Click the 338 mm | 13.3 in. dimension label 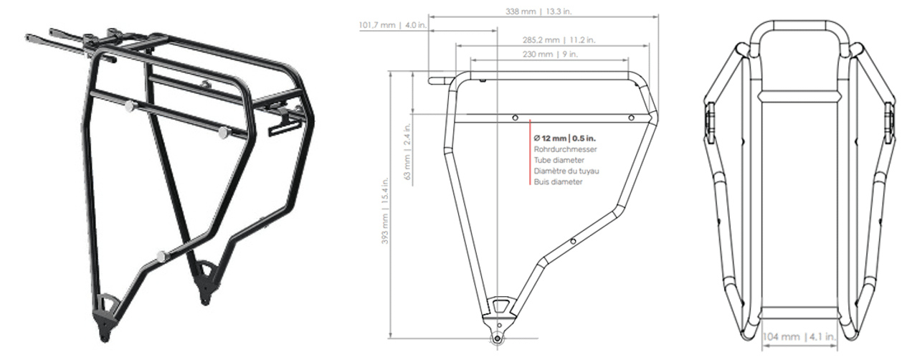pyautogui.click(x=538, y=11)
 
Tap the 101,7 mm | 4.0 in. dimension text pyautogui.click(x=393, y=25)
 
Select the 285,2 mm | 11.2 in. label pyautogui.click(x=559, y=40)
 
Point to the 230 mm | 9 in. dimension pyautogui.click(x=550, y=55)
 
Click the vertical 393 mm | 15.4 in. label pyautogui.click(x=385, y=211)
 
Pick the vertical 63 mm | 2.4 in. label pyautogui.click(x=407, y=152)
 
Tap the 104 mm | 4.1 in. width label pyautogui.click(x=799, y=337)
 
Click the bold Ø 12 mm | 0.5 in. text pyautogui.click(x=564, y=138)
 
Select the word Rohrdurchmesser pyautogui.click(x=565, y=149)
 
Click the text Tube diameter pyautogui.click(x=559, y=161)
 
